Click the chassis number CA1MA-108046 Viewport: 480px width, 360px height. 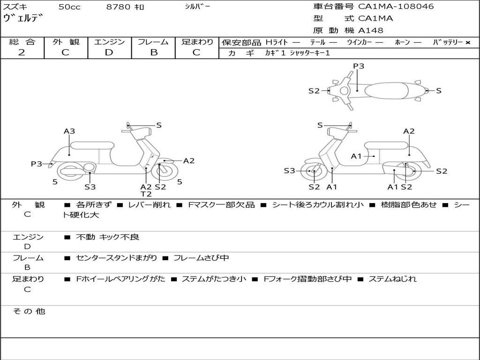click(396, 7)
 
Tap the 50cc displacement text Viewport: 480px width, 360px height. click(69, 7)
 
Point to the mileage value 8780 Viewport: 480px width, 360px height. click(118, 7)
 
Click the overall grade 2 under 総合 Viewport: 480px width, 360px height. click(22, 52)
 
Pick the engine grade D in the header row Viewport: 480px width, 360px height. click(109, 52)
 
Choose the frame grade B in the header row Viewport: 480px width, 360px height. click(154, 52)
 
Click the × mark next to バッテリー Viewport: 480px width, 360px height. click(468, 43)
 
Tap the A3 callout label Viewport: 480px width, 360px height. click(69, 131)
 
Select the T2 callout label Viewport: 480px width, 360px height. click(146, 194)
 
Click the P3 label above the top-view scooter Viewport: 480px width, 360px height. click(359, 66)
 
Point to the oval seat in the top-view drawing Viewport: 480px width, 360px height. click(387, 90)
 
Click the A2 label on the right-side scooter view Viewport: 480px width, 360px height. click(409, 131)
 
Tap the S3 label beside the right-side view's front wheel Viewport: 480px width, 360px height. click(289, 171)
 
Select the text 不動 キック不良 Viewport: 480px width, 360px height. click(107, 237)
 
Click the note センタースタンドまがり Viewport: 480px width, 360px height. click(116, 258)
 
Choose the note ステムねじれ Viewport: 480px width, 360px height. click(392, 279)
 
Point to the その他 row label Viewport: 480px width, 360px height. click(29, 311)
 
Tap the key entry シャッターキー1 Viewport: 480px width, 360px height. click(310, 53)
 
